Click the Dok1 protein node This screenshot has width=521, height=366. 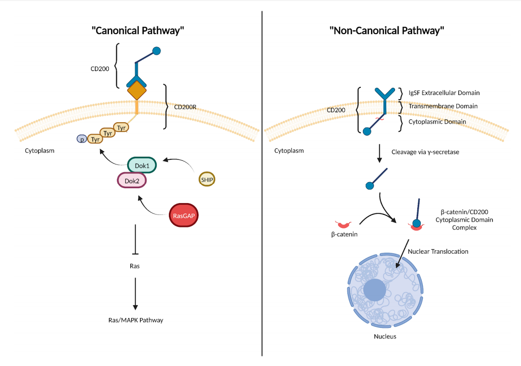[141, 166]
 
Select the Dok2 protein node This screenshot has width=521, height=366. [132, 180]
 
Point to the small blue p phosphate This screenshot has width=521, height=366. [81, 139]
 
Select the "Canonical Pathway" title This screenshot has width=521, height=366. [137, 31]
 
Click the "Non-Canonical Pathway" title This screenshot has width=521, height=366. [387, 31]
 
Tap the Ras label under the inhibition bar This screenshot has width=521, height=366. [135, 266]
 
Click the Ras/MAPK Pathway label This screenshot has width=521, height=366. [135, 320]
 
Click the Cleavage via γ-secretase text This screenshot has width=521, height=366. [425, 152]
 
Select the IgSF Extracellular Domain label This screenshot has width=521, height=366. [444, 93]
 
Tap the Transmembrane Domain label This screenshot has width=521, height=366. [442, 106]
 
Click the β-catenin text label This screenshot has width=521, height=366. [344, 235]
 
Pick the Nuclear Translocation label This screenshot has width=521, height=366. [438, 252]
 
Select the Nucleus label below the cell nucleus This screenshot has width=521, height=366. [385, 336]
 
